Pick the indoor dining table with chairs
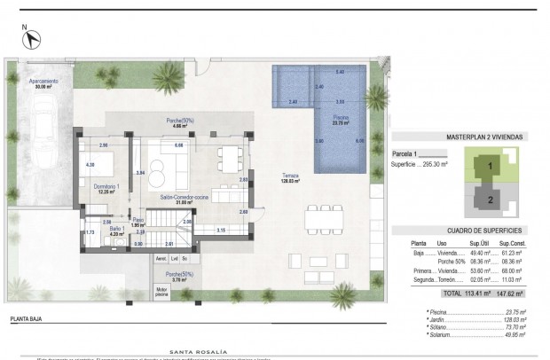click(x=228, y=160)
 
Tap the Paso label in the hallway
click(x=137, y=222)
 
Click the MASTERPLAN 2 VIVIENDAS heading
click(x=483, y=137)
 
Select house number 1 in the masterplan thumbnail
click(x=488, y=165)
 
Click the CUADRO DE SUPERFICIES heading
click(x=483, y=230)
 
